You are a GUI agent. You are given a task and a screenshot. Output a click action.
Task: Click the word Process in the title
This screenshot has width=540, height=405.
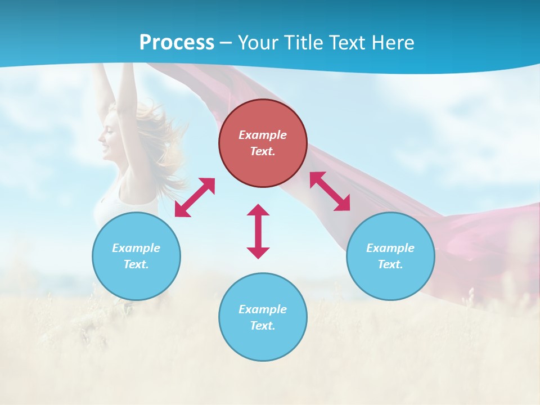[177, 43]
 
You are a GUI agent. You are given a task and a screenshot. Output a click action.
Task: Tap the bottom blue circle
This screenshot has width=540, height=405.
[263, 337]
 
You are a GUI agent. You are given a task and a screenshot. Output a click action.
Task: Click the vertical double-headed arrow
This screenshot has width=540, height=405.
[258, 231]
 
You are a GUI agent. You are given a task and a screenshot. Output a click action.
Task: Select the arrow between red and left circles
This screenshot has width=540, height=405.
[195, 197]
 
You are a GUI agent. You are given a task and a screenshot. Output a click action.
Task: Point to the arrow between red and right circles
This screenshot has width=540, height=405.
[330, 191]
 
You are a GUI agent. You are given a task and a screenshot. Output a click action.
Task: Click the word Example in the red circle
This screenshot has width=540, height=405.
[263, 135]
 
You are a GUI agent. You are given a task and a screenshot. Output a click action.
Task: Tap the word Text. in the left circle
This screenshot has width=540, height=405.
[136, 264]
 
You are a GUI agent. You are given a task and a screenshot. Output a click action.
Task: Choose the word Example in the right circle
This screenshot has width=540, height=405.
[390, 248]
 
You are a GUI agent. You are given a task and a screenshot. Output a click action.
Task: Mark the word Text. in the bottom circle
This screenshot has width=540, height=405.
[263, 326]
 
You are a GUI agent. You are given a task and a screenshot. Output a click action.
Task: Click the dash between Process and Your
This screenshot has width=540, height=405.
[226, 43]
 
